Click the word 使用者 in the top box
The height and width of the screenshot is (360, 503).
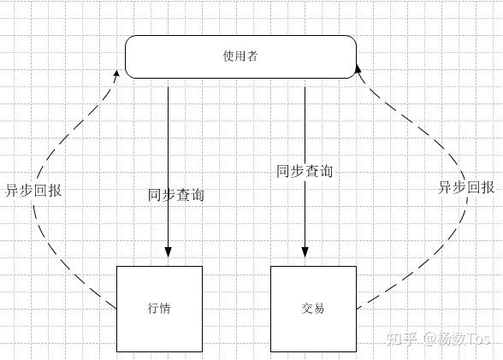pos(240,56)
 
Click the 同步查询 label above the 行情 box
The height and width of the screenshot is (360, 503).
pos(176,195)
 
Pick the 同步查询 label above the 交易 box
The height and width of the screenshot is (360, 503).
pos(305,171)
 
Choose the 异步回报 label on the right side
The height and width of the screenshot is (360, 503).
pos(466,187)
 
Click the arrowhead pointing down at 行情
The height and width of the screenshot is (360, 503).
pos(168,251)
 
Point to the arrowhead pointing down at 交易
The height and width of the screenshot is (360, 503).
pos(305,251)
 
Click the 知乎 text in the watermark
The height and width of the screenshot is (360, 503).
pos(403,338)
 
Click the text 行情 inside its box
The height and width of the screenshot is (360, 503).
pos(159,309)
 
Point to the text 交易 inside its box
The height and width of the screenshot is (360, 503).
pos(313,309)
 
